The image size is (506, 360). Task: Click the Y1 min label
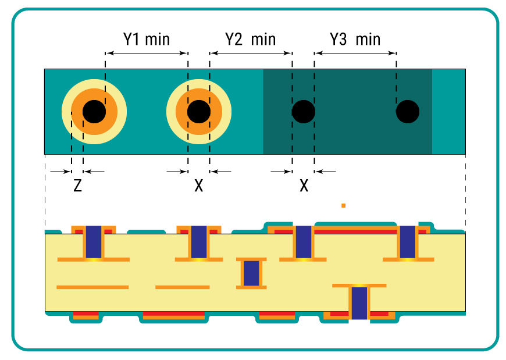(146, 40)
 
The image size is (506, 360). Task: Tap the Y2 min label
(251, 40)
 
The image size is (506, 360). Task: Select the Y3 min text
(355, 40)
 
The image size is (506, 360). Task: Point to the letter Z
(77, 186)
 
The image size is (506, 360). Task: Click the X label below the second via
(199, 186)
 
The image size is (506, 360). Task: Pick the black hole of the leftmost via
(94, 112)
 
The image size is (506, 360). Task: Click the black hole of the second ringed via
(199, 112)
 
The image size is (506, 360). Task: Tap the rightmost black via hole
(408, 112)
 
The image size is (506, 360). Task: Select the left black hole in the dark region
(304, 112)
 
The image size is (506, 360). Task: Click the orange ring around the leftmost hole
(77, 112)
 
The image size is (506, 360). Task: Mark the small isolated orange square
(343, 205)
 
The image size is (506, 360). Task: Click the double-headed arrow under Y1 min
(147, 54)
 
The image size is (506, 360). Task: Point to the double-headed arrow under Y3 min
(355, 54)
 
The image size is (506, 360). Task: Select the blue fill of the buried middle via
(251, 273)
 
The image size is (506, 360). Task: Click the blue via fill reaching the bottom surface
(359, 303)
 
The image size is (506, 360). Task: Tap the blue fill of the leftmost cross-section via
(94, 242)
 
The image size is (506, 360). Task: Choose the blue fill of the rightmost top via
(408, 242)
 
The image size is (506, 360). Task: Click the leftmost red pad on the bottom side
(86, 313)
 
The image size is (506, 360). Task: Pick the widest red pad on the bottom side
(174, 313)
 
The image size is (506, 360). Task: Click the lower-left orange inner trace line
(92, 287)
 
